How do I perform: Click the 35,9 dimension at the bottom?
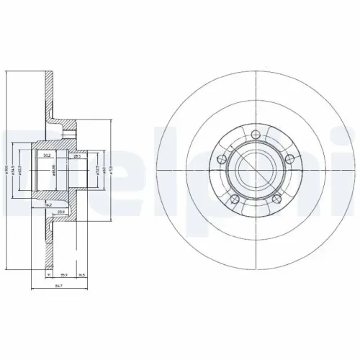[x=63, y=275]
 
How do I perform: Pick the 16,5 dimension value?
[x=83, y=275]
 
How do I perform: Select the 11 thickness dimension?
[x=48, y=275]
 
